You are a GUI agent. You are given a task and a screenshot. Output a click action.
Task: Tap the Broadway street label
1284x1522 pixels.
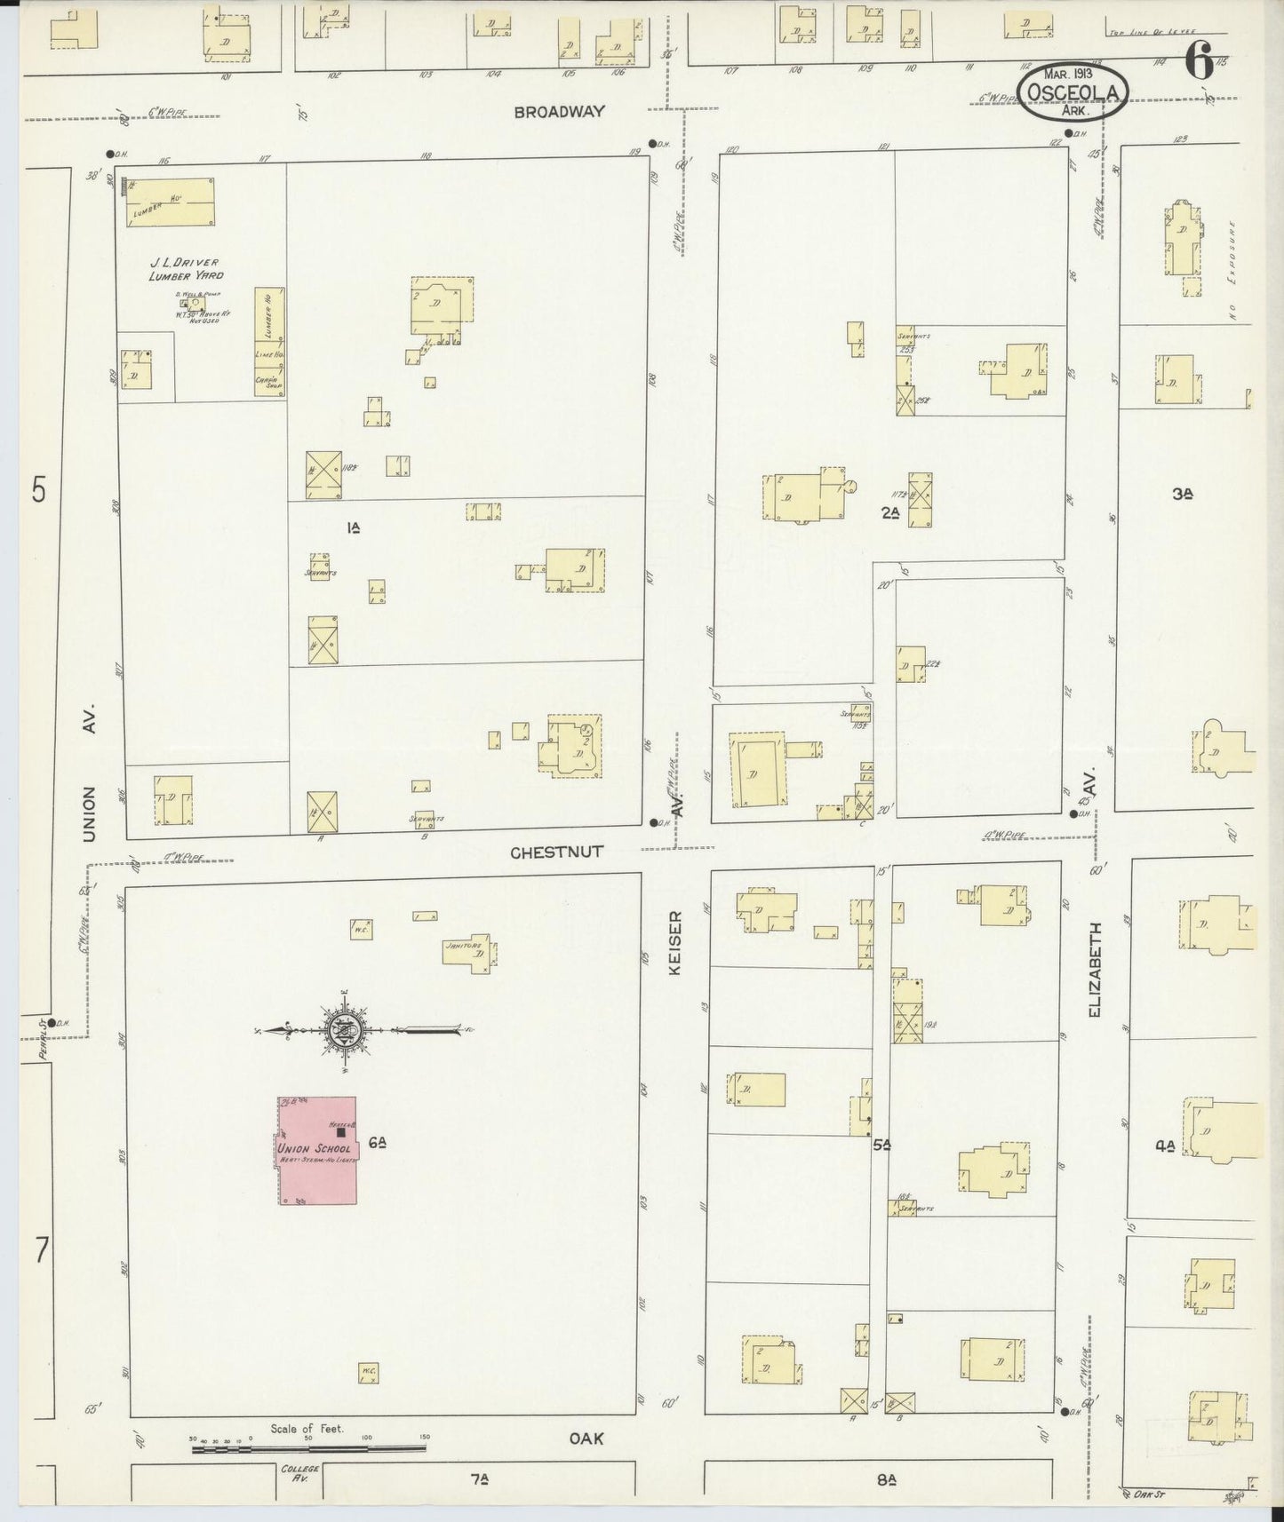click(560, 112)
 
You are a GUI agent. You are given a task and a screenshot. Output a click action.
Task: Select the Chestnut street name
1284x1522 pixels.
click(556, 852)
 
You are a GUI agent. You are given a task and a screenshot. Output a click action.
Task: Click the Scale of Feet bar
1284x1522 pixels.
click(308, 1449)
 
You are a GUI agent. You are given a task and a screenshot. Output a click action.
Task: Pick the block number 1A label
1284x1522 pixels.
click(353, 527)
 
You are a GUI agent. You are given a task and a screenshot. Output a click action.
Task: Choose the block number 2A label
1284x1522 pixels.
click(891, 512)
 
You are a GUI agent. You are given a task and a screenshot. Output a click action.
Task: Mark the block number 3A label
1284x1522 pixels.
click(1181, 495)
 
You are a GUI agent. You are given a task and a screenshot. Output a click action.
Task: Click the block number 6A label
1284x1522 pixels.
click(377, 1144)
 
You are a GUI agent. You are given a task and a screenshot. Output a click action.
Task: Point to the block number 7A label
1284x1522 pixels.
click(480, 1479)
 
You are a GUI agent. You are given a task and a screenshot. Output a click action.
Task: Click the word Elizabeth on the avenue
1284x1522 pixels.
click(1094, 970)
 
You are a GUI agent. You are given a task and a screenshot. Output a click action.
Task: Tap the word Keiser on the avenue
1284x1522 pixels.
click(674, 943)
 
